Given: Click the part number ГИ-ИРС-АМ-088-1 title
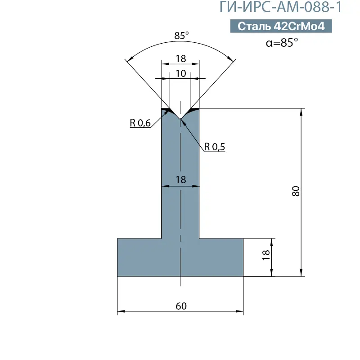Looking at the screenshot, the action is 280,7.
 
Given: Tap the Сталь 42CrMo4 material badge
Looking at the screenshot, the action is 281,26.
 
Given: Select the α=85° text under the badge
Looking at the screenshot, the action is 282,42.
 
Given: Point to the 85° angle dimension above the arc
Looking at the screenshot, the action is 181,36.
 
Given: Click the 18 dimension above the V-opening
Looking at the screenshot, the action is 181,59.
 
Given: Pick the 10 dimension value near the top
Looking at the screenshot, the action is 181,73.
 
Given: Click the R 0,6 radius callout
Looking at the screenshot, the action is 140,123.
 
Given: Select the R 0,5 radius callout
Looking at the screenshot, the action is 215,147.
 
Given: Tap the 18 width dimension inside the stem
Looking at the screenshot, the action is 181,180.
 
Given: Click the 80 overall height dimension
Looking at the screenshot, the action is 296,191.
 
